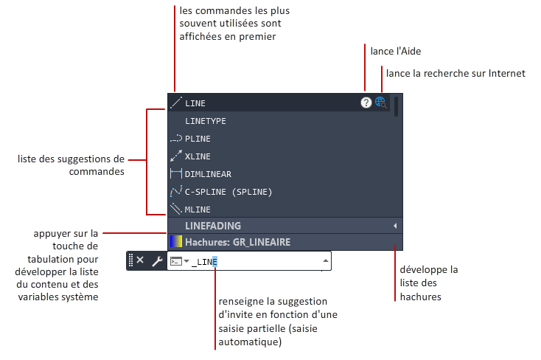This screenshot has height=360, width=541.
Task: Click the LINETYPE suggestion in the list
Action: [x=206, y=121]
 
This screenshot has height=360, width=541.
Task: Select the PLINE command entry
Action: [x=198, y=139]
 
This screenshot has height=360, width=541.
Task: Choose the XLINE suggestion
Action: [x=198, y=156]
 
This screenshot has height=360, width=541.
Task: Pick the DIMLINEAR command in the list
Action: [x=208, y=174]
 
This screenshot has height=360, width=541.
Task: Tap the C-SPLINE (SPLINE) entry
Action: [x=228, y=192]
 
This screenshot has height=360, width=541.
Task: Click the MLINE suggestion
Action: [x=198, y=210]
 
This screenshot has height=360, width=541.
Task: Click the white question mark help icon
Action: [x=366, y=103]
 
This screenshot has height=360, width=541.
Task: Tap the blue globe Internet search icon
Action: [x=380, y=103]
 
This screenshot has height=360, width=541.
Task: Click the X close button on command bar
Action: [x=140, y=260]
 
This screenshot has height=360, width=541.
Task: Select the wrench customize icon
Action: [x=157, y=261]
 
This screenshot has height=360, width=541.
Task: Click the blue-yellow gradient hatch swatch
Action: [x=176, y=241]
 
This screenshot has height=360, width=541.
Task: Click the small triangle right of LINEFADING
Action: [x=395, y=226]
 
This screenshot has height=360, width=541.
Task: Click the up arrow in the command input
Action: [x=325, y=260]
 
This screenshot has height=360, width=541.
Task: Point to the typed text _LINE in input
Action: [x=204, y=262]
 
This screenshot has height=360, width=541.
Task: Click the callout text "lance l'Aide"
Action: [x=396, y=51]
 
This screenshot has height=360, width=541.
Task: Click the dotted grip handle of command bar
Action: [x=130, y=260]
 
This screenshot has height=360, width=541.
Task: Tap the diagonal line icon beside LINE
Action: [x=176, y=103]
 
